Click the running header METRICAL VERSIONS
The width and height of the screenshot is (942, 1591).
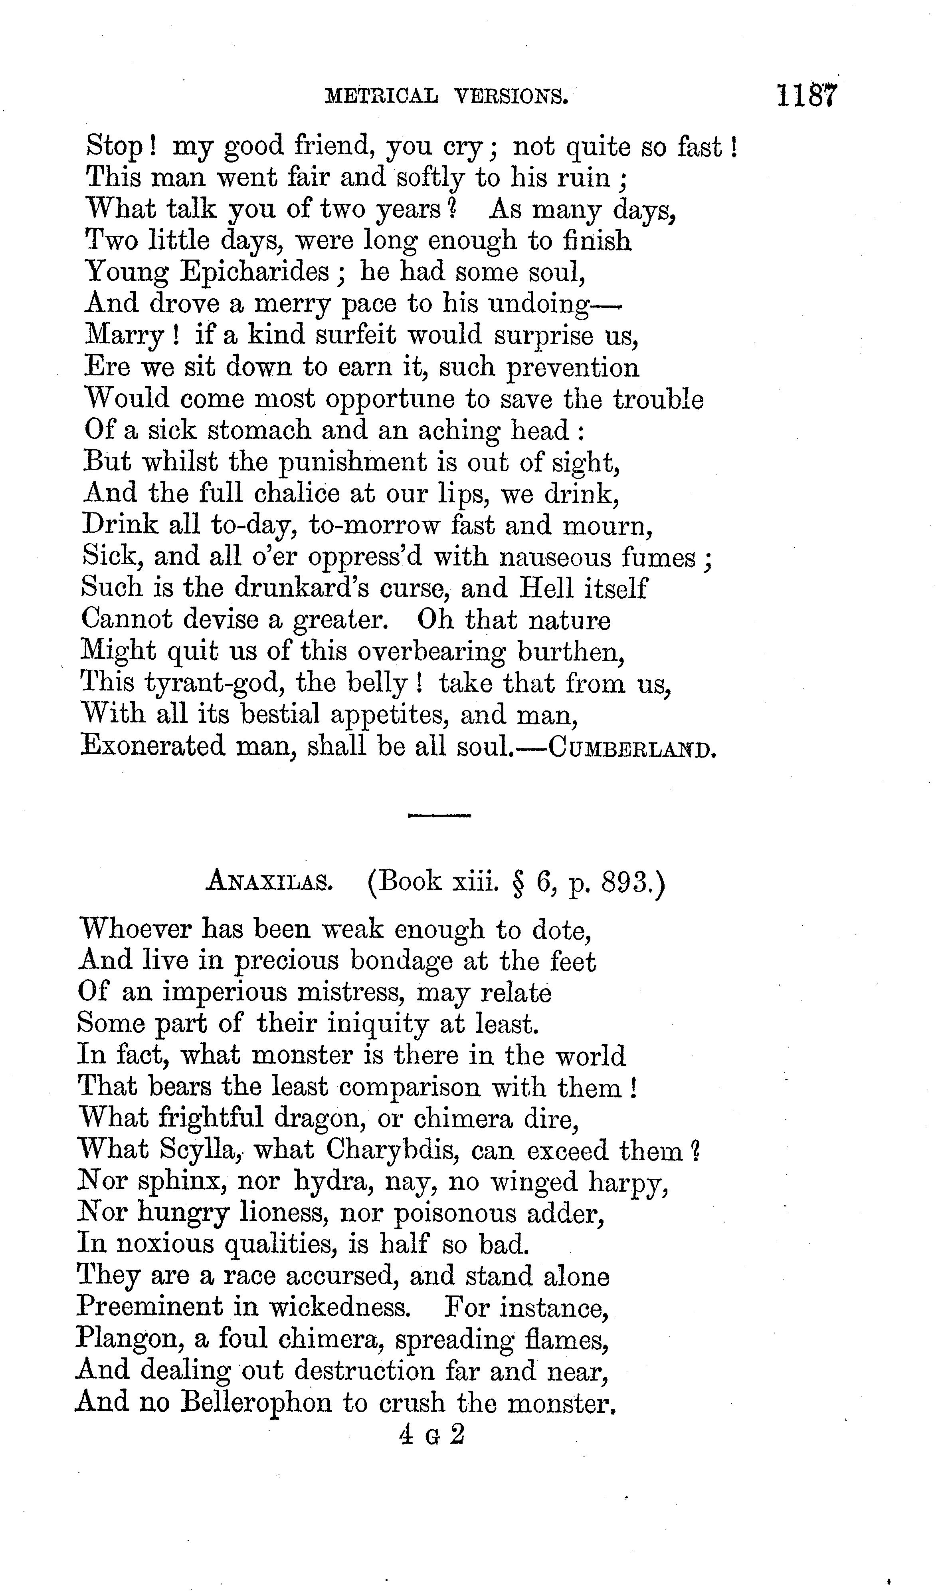(446, 97)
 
